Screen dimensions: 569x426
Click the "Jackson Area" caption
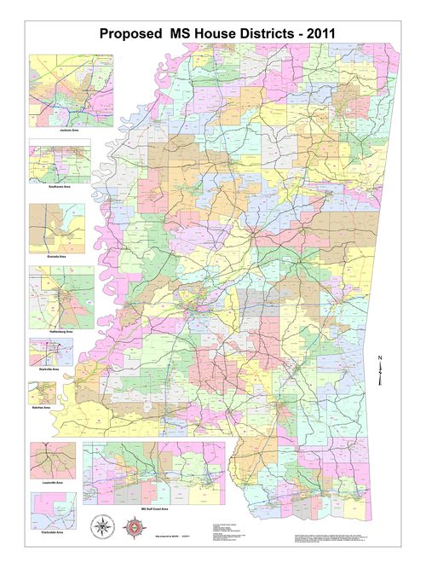pos(72,130)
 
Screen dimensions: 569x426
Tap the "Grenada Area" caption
pos(57,256)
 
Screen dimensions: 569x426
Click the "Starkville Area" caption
pos(49,369)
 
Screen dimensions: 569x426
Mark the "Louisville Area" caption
pos(53,482)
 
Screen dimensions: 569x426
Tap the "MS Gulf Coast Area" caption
pos(153,509)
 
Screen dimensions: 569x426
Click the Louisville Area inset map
pos(53,460)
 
